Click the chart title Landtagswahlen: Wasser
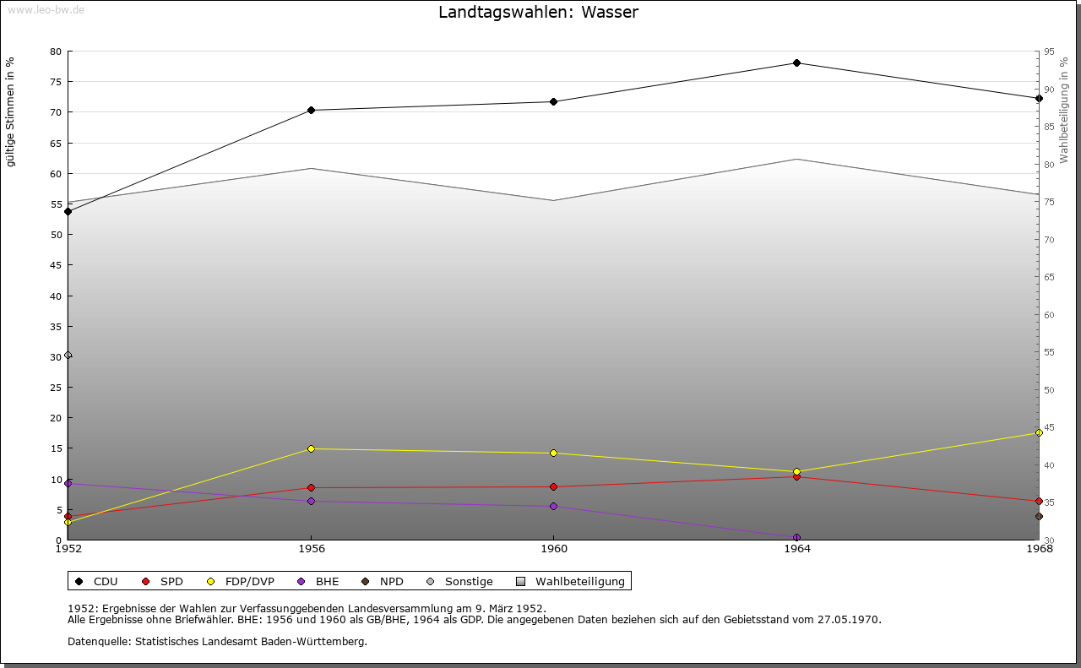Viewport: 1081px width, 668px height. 538,13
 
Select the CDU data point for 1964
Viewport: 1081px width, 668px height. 796,62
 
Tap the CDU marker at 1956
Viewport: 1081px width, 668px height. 312,110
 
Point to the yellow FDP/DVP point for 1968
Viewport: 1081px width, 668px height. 1039,432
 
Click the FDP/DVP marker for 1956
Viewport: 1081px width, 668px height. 312,448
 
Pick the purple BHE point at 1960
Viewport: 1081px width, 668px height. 553,506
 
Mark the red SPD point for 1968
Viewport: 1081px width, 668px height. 1039,501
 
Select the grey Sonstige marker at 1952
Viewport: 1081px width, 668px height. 68,355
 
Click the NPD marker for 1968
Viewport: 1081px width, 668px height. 1039,516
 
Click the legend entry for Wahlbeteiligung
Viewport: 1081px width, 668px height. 579,581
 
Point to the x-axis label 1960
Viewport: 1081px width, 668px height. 553,548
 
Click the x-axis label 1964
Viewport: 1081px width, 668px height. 796,548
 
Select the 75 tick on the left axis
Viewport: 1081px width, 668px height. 55,82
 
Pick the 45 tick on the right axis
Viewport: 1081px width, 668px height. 1049,427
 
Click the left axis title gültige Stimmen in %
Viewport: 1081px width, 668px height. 10,111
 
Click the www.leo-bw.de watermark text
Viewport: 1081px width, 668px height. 46,9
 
